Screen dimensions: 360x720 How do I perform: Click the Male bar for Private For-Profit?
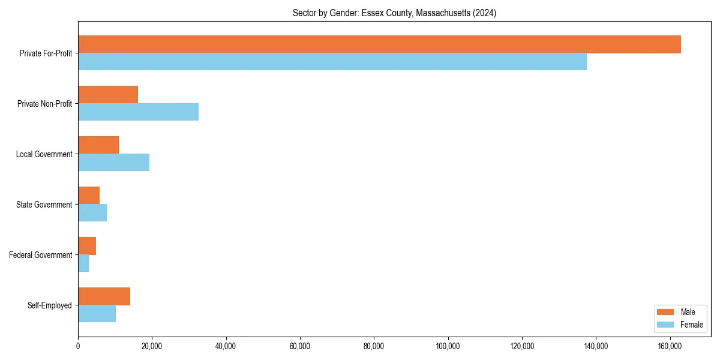379,44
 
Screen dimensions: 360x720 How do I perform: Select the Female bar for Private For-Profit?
332,62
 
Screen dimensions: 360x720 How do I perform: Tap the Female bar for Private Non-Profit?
138,112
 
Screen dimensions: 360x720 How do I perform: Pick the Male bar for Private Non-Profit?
108,95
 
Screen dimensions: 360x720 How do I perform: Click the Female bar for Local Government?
113,163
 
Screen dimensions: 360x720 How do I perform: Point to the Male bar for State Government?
89,196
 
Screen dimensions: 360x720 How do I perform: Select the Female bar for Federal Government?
83,263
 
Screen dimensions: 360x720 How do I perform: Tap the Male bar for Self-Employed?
104,296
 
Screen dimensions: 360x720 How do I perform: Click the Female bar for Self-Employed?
97,314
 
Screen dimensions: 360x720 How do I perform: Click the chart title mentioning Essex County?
394,13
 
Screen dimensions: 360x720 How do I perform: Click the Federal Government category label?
40,255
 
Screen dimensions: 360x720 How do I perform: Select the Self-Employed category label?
49,305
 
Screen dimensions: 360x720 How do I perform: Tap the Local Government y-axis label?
44,154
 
